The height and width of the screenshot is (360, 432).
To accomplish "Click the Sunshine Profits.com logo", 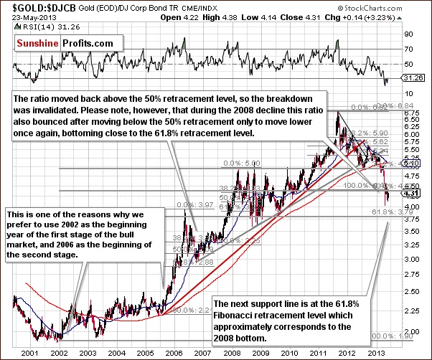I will tap(65, 43).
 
